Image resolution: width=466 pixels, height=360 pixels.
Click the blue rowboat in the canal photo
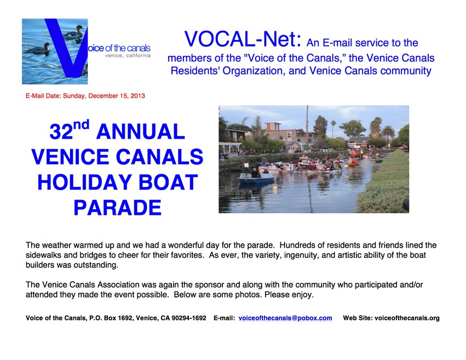[x=256, y=179]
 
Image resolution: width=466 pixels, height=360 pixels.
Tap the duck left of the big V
[x=38, y=49]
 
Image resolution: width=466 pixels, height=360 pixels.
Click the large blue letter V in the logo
[x=66, y=48]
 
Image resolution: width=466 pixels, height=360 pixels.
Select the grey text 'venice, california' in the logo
[x=128, y=55]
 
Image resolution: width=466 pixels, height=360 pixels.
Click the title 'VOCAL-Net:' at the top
[x=243, y=39]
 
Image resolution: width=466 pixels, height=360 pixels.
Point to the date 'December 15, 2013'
[x=117, y=96]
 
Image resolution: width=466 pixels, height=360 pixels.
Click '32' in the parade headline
[x=61, y=132]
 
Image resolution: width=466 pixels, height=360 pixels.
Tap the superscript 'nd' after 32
[x=81, y=125]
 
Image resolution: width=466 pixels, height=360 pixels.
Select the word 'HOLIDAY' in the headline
[x=85, y=182]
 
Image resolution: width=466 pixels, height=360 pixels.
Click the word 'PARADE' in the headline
[x=117, y=208]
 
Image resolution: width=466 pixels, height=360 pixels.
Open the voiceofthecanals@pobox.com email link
[x=285, y=318]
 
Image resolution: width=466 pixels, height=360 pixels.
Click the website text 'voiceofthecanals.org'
[x=407, y=318]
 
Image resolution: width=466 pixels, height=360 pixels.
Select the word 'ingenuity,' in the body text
[x=302, y=255]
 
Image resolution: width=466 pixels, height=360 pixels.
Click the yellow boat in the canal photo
[x=353, y=164]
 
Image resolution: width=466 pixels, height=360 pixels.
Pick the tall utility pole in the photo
[x=307, y=124]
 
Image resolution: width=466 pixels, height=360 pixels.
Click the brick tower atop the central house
[x=273, y=127]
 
